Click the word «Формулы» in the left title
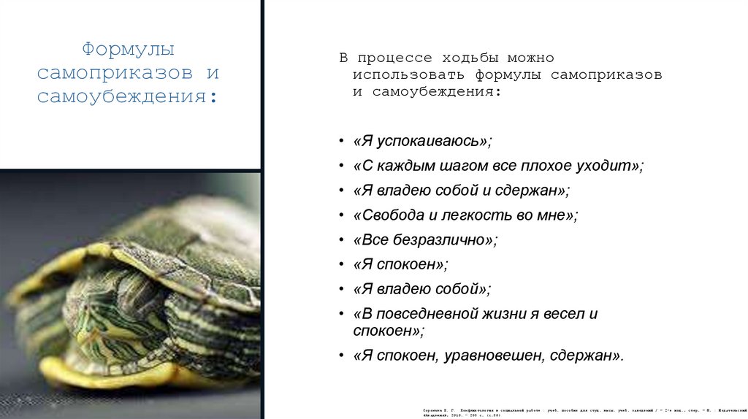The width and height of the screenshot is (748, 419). [x=128, y=50]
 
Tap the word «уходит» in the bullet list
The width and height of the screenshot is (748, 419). [x=609, y=166]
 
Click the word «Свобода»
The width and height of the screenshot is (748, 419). [x=387, y=215]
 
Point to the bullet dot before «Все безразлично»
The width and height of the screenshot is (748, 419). [x=343, y=240]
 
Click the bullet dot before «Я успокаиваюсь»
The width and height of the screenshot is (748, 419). [x=343, y=141]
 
